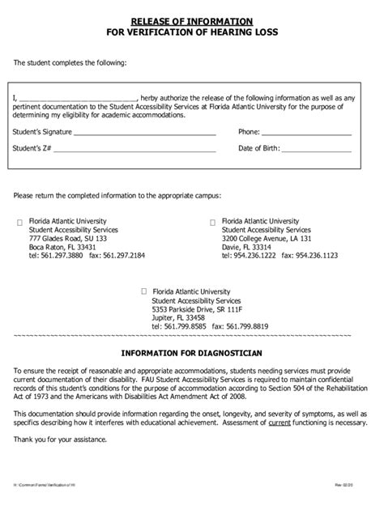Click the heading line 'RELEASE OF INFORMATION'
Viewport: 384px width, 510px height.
(x=192, y=19)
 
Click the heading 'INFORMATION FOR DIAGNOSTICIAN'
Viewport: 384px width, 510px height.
(x=192, y=353)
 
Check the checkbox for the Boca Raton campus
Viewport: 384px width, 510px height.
(x=20, y=221)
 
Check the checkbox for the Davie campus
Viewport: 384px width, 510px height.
(x=213, y=221)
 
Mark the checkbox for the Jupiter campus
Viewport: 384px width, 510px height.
(x=144, y=291)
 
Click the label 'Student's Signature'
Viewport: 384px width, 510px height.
(x=44, y=131)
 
